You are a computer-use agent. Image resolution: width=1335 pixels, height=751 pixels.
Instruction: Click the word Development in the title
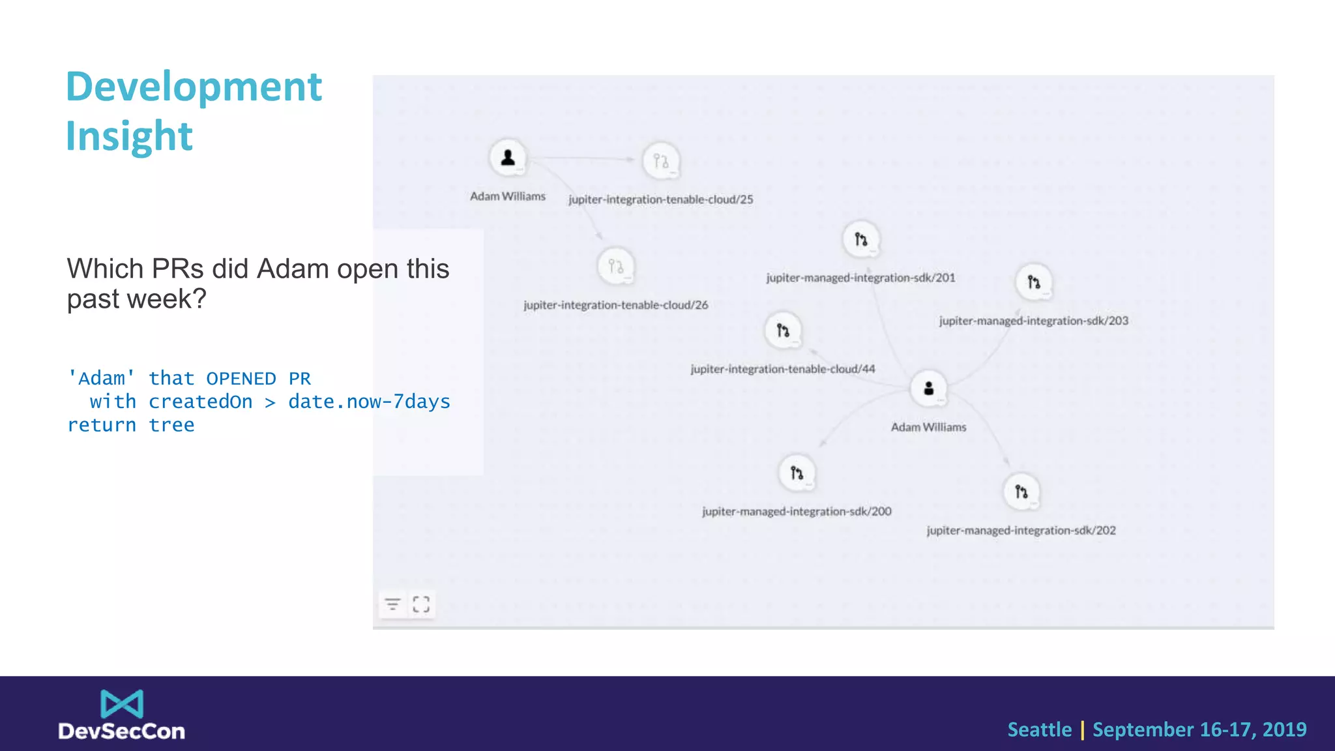[x=194, y=87]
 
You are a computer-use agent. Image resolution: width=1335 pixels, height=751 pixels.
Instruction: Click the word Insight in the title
[x=129, y=136]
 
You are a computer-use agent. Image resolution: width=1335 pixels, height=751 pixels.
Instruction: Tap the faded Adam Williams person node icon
[x=508, y=158]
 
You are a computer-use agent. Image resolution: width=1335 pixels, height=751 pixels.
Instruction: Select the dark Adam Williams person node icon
[x=928, y=389]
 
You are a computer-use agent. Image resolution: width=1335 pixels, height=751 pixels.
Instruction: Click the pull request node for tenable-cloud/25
[x=661, y=161]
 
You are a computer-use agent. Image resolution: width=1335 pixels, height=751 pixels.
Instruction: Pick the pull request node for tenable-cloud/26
[x=615, y=267]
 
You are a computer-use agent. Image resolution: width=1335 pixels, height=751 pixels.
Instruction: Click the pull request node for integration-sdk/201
[x=861, y=239]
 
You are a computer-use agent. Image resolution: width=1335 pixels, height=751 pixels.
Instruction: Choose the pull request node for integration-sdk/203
[x=1034, y=282]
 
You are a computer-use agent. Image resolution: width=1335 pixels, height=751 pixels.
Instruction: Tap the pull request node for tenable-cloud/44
[x=783, y=331]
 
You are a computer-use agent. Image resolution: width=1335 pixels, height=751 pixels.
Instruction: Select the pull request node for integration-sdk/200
[x=797, y=473]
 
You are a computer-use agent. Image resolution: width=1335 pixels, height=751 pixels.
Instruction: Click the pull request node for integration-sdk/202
[x=1021, y=492]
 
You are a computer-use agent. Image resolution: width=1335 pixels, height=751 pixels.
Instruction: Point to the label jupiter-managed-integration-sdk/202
[x=1021, y=531]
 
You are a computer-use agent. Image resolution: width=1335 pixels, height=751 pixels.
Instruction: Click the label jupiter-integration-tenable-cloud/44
[x=782, y=369]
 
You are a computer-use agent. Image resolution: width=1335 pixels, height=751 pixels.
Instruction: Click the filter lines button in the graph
[x=392, y=604]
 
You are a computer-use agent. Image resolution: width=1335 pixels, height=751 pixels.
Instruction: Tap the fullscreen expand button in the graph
[x=421, y=604]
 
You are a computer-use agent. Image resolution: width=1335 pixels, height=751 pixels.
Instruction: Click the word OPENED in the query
[x=241, y=379]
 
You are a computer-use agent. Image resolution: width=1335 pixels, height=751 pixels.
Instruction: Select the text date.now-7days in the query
[x=369, y=402]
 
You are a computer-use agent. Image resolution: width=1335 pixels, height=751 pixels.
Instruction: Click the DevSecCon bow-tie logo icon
[x=122, y=704]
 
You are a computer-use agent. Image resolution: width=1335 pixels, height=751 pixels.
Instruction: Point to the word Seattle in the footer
[x=1039, y=729]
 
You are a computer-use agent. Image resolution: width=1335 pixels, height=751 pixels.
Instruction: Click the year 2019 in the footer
[x=1284, y=729]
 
